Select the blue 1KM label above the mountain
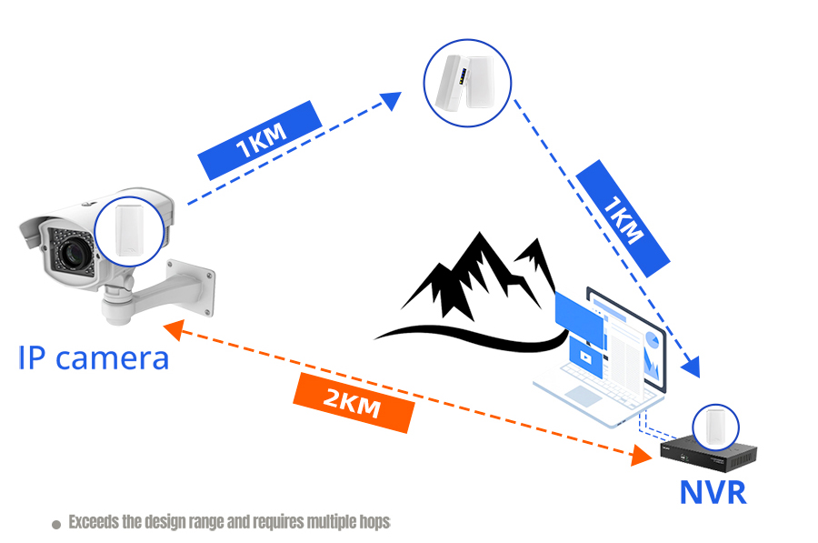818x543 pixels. (623, 216)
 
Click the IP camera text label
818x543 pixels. (94, 357)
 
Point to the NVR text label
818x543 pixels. (713, 492)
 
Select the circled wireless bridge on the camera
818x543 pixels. (129, 228)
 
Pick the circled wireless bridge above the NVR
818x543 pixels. (714, 427)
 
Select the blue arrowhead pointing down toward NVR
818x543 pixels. (693, 367)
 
